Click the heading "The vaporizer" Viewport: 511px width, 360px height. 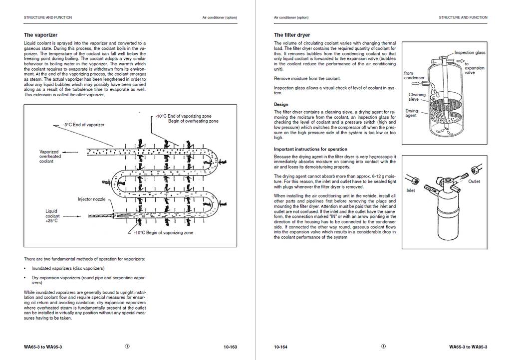[40, 35]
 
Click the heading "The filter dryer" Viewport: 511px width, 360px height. [292, 35]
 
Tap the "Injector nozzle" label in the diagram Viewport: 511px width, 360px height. [92, 199]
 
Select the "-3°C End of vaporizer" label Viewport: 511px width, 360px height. [84, 125]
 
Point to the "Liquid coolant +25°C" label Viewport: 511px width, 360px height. [52, 216]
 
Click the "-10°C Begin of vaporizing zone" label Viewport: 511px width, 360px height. [164, 233]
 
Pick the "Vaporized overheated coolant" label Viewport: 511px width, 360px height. [50, 157]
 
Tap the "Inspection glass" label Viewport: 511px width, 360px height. [470, 53]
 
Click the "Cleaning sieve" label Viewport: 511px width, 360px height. [417, 97]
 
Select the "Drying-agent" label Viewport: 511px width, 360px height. [412, 113]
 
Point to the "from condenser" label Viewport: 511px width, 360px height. [414, 75]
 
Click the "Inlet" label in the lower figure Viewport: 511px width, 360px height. [411, 190]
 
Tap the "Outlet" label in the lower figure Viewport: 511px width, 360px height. [474, 181]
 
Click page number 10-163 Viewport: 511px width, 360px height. [230, 347]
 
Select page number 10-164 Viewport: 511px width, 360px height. [280, 347]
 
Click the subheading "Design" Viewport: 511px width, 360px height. [281, 105]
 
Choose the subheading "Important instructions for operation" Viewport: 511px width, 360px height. [310, 149]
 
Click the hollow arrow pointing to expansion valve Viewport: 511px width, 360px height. [460, 61]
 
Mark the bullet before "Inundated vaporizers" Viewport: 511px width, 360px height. [25, 269]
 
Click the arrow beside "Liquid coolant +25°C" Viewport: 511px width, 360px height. [72, 216]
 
